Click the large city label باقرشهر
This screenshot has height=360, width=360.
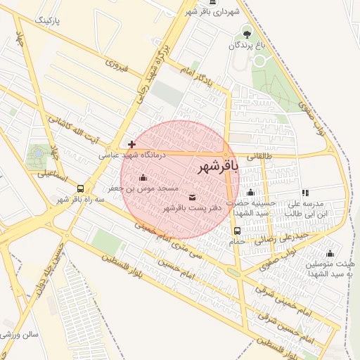click(x=218, y=166)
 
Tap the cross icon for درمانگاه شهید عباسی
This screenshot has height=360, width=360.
click(x=131, y=144)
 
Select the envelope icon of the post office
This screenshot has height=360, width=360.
click(x=193, y=197)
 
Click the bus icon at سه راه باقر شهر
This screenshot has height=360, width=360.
click(x=81, y=188)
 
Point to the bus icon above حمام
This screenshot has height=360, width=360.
click(x=237, y=230)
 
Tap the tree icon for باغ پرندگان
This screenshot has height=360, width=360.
click(x=246, y=32)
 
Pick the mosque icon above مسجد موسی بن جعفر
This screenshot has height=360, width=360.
click(x=143, y=177)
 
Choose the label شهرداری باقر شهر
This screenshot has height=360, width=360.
click(x=213, y=12)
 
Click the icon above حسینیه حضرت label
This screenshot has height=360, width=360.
click(x=251, y=193)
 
